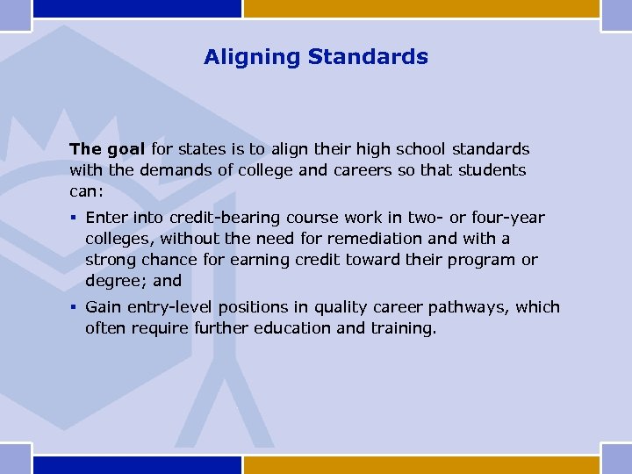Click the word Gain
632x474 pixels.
coord(104,307)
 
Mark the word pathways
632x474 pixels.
coord(474,307)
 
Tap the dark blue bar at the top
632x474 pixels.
coord(136,8)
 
